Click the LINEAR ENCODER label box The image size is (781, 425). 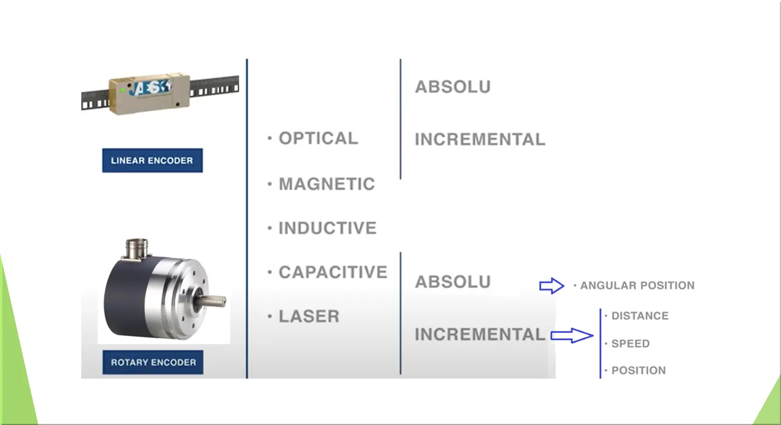click(153, 161)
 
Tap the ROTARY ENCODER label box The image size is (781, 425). click(153, 362)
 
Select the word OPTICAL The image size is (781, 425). click(318, 138)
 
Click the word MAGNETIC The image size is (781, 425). click(327, 184)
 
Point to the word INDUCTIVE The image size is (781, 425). click(328, 228)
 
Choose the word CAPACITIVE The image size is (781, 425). click(333, 272)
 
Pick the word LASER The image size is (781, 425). click(309, 316)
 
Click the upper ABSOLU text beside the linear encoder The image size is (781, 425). click(453, 87)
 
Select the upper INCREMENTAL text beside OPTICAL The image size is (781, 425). click(480, 139)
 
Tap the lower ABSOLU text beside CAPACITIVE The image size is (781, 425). click(453, 282)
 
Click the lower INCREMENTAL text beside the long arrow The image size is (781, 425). click(480, 334)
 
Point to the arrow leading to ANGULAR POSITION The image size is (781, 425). click(552, 286)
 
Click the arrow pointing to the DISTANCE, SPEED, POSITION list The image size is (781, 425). click(572, 336)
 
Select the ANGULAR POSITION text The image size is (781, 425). click(637, 286)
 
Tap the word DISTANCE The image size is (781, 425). click(640, 316)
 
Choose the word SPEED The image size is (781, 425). click(631, 344)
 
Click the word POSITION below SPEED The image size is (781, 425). click(639, 370)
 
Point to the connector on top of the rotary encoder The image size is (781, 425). click(137, 248)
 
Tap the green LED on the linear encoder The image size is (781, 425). click(123, 90)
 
